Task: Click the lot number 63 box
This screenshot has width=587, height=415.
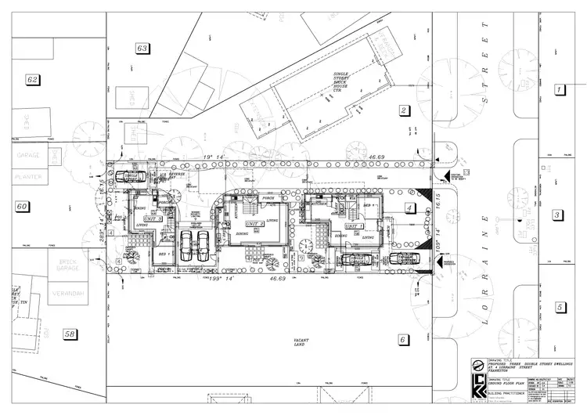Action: (x=142, y=49)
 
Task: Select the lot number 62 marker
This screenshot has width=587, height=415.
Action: (x=32, y=80)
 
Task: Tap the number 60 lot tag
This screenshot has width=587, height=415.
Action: (x=22, y=207)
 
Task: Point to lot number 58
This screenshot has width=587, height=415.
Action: (x=70, y=334)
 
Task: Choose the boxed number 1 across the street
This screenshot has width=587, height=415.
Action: (x=559, y=90)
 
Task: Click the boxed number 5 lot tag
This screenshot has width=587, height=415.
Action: (x=559, y=307)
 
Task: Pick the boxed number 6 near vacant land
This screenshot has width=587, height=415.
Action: (x=403, y=340)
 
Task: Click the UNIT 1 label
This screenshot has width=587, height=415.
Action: (x=355, y=226)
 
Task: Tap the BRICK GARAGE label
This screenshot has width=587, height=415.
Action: (x=67, y=268)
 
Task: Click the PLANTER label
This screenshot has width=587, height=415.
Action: (x=29, y=178)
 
